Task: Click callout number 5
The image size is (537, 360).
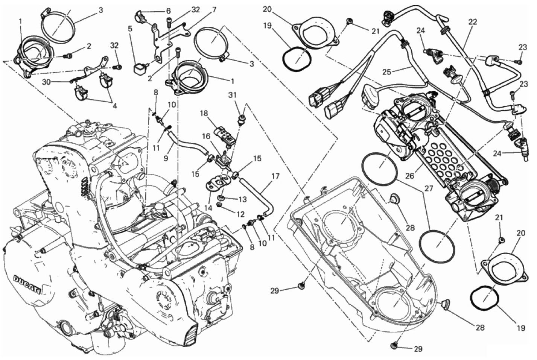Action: (130, 29)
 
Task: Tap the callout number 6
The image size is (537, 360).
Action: (168, 11)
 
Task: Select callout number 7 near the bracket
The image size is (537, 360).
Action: (214, 10)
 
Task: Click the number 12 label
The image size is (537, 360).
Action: (240, 214)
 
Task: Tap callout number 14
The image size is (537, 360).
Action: (208, 208)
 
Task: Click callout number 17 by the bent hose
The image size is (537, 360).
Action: (275, 176)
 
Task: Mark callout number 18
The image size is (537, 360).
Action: (204, 113)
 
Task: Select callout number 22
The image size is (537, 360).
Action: (473, 22)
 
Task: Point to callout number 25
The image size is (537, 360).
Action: (387, 72)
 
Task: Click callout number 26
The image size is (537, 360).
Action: (410, 176)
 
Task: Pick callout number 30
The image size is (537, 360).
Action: (47, 82)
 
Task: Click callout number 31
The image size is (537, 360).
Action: (232, 95)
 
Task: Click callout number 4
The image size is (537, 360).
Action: (115, 106)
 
